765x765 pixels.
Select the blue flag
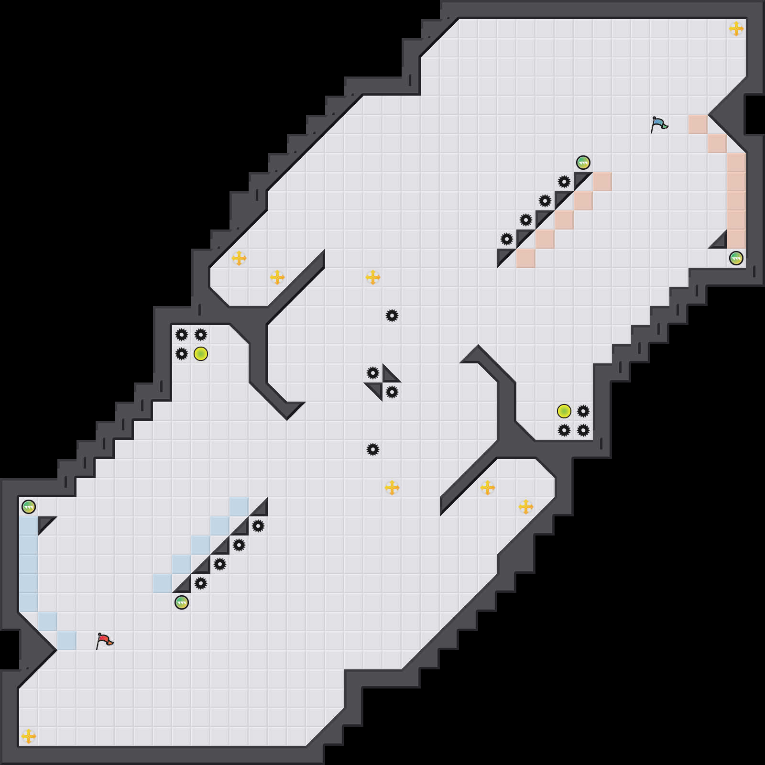click(x=659, y=124)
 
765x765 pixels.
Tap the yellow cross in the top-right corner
click(x=736, y=29)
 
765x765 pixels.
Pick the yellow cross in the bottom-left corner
click(x=29, y=736)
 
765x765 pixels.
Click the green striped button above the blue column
click(x=29, y=507)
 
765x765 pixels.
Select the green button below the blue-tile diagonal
click(x=182, y=602)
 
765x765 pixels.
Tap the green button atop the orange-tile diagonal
click(x=583, y=163)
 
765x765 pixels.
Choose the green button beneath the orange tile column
click(x=736, y=258)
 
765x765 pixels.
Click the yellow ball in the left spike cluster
click(x=201, y=354)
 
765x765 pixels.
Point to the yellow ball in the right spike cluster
click(x=564, y=411)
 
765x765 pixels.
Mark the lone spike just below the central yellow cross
click(x=392, y=316)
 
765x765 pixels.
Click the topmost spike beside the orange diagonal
click(x=564, y=182)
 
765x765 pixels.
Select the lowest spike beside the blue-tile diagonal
click(x=201, y=583)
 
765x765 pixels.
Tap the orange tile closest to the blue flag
click(x=698, y=124)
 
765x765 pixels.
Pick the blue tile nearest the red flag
click(x=67, y=641)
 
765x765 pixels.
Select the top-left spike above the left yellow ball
click(x=182, y=335)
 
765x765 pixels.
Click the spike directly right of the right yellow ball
click(x=583, y=411)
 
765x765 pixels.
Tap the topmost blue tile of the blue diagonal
click(x=239, y=507)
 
